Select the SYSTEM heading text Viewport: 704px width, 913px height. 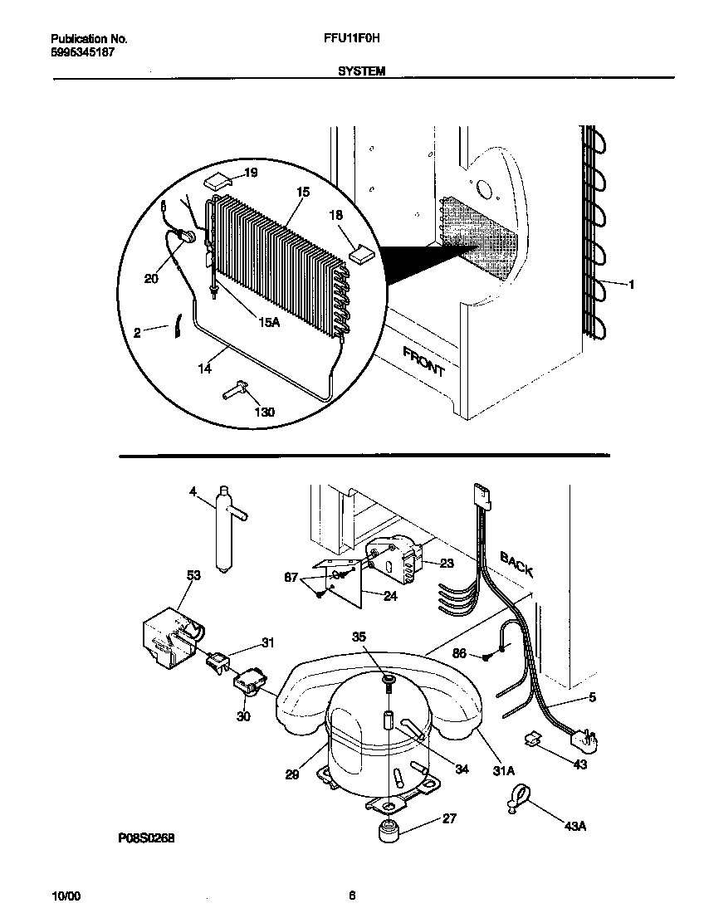click(x=361, y=71)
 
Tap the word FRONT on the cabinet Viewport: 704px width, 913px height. click(x=424, y=363)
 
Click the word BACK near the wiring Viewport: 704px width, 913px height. click(x=516, y=564)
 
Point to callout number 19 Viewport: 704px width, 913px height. click(x=251, y=173)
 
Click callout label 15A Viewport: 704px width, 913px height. click(x=267, y=322)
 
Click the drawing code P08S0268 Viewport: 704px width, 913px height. click(x=146, y=837)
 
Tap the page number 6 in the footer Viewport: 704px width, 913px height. click(x=352, y=895)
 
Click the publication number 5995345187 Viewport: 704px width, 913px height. click(x=82, y=51)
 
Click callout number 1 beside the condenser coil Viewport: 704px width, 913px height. click(x=631, y=284)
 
